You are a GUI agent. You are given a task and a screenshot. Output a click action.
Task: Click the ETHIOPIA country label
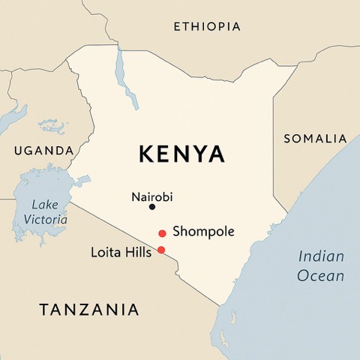(x=207, y=27)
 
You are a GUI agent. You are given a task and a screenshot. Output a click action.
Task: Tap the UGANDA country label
(x=43, y=151)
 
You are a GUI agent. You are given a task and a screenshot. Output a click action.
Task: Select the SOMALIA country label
(x=315, y=139)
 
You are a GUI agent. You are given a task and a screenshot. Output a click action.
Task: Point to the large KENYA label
(x=181, y=154)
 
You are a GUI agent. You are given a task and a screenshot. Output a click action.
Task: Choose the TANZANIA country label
(x=89, y=309)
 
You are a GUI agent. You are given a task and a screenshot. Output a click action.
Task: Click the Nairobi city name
(x=151, y=196)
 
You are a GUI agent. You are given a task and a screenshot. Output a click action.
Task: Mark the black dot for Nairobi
(x=152, y=207)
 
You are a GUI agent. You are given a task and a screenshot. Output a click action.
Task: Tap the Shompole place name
(x=203, y=232)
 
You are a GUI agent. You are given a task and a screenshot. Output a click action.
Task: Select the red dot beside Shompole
(x=162, y=234)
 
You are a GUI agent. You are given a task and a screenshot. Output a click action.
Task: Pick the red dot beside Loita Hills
(x=161, y=250)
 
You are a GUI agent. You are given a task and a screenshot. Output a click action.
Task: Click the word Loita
(x=104, y=252)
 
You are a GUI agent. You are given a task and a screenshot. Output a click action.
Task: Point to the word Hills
(x=137, y=252)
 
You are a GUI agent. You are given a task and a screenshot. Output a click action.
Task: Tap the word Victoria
(x=45, y=220)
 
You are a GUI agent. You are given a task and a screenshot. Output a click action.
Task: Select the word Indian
(x=321, y=256)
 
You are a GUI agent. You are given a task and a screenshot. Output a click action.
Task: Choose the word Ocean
(x=321, y=276)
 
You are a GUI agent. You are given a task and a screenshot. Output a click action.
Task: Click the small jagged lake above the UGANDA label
(x=51, y=125)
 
